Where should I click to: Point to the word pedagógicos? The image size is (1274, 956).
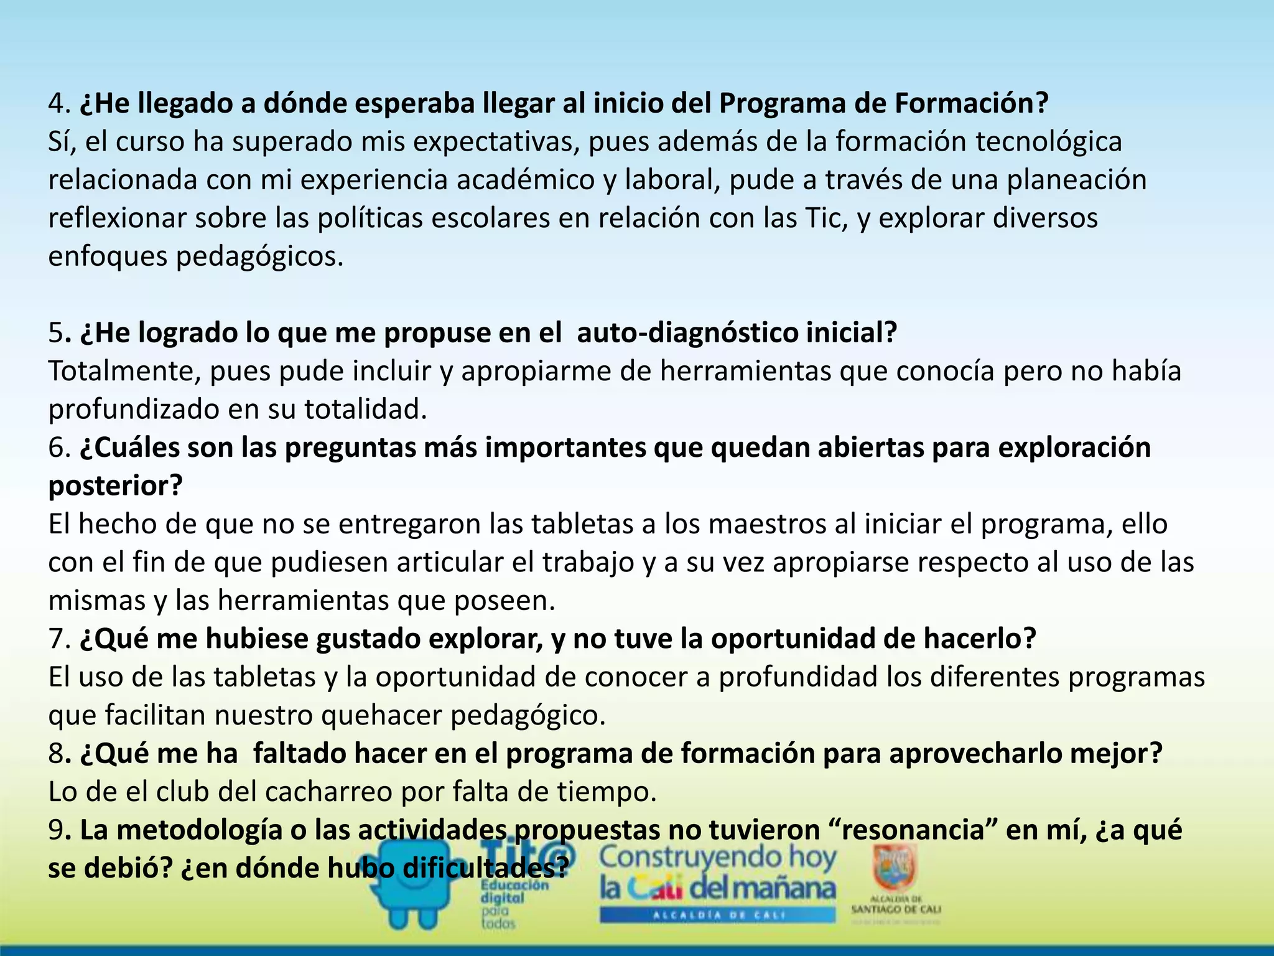point(259,257)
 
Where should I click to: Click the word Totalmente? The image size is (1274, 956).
point(124,372)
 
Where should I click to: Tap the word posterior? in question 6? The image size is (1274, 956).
point(116,486)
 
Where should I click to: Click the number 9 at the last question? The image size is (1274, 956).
point(56,830)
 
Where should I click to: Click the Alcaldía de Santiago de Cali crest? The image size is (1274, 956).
point(895,869)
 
